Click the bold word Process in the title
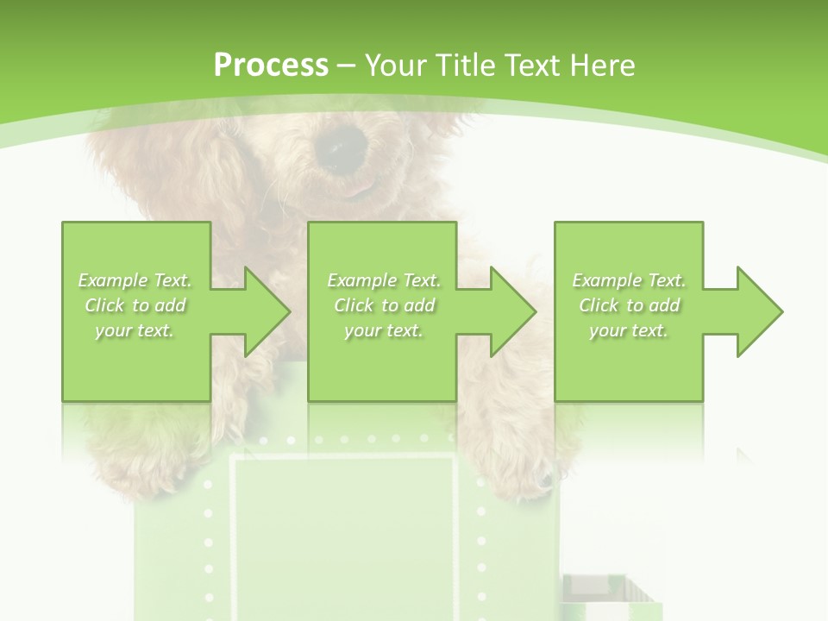click(x=271, y=66)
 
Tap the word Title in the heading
click(x=462, y=66)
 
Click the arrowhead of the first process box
click(x=267, y=311)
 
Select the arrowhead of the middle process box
click(x=512, y=311)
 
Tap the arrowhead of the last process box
click(x=759, y=311)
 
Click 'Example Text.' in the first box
click(x=135, y=280)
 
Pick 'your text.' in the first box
click(x=135, y=330)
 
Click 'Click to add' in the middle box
click(x=384, y=305)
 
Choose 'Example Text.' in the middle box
click(x=384, y=280)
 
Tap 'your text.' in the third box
click(x=629, y=330)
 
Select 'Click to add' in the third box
click(x=629, y=305)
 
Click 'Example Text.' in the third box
click(x=629, y=280)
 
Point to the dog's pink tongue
click(x=364, y=184)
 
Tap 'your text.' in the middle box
click(x=384, y=330)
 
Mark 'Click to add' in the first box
click(x=135, y=305)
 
